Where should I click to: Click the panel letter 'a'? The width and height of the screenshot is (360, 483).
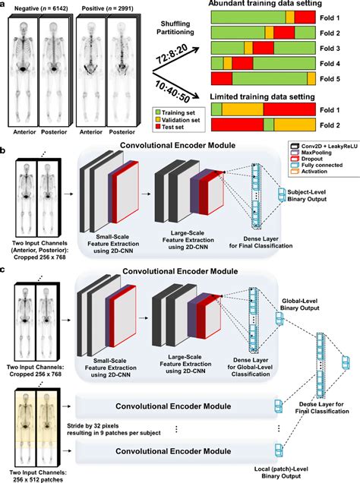pyautogui.click(x=5, y=5)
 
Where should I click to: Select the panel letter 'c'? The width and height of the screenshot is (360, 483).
pyautogui.click(x=5, y=271)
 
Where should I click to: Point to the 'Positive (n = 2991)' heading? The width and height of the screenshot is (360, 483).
pyautogui.click(x=109, y=6)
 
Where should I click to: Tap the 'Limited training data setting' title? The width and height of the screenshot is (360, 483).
pyautogui.click(x=271, y=97)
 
